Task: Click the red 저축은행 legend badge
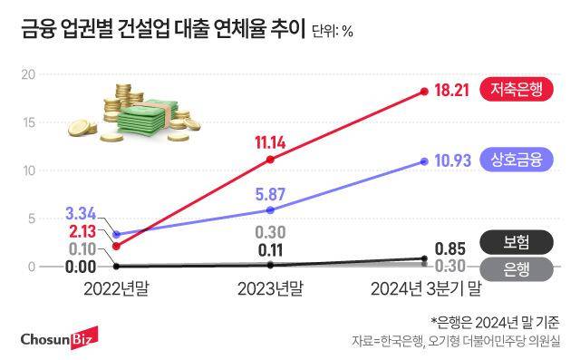(517, 91)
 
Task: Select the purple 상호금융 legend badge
(517, 161)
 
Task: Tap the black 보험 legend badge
(517, 241)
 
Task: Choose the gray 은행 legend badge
(517, 268)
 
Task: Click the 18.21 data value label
(455, 91)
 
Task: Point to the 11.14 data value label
(270, 141)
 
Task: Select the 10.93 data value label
(455, 161)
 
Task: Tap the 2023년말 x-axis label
(270, 289)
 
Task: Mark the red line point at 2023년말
(270, 160)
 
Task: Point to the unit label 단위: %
(332, 32)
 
